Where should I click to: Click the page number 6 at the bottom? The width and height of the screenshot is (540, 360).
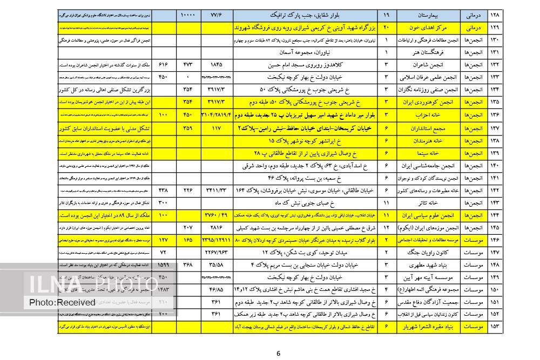pyautogui.click(x=279, y=354)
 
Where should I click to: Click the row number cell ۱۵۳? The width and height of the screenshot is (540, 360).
pyautogui.click(x=495, y=327)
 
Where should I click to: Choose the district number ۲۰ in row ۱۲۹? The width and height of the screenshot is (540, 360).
pyautogui.click(x=386, y=26)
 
